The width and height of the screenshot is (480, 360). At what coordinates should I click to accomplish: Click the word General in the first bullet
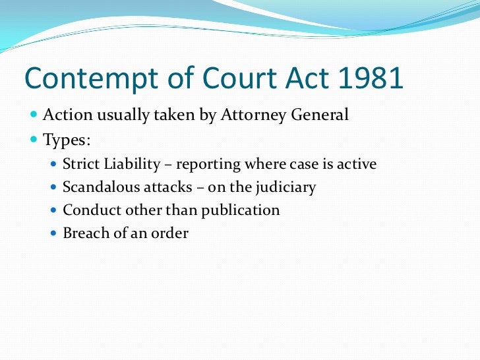point(320,115)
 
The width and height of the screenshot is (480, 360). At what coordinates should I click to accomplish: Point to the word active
point(357,164)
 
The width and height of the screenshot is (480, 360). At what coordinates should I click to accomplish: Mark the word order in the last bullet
point(171,233)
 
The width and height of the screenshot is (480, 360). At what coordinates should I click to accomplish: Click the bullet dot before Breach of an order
point(54,233)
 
